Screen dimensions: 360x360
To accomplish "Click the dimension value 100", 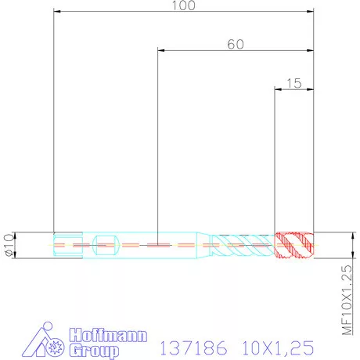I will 183,5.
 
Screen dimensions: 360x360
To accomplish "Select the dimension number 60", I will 235,44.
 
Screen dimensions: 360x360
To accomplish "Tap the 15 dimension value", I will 294,82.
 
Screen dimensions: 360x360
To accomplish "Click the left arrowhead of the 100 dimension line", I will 56,12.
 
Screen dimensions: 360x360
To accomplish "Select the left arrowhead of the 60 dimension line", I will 161,51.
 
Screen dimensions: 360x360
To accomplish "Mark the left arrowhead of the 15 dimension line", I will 277,89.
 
